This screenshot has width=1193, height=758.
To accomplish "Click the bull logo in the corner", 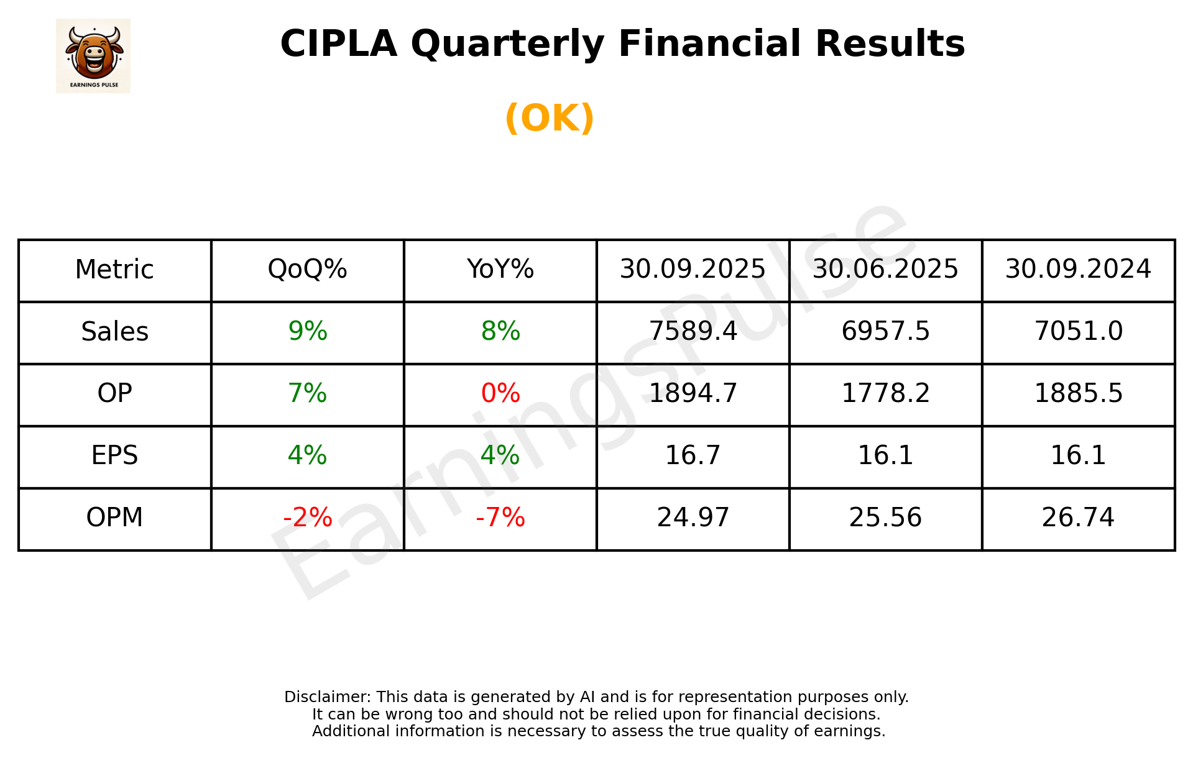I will pos(93,55).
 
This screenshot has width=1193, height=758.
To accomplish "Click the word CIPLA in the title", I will pos(338,44).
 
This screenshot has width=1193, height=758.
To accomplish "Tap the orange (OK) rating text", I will pos(550,118).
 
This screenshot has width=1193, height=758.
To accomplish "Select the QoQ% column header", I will pos(307,270).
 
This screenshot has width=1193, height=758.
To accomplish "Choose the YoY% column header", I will pos(500,270).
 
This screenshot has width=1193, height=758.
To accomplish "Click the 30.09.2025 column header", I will pos(693,270).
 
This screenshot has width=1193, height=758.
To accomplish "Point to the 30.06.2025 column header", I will pos(885,270).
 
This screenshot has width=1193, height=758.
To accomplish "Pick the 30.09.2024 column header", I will pos(1078,270).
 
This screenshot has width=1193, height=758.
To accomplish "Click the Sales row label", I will pos(115,332).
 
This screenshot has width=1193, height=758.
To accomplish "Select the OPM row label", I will pos(115,518).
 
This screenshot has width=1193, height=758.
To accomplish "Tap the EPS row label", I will pos(115,455).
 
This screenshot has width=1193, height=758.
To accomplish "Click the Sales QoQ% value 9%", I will pos(307,331).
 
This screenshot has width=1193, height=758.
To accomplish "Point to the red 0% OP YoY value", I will pos(500,393).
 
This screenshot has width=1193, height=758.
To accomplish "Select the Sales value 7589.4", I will pos(693,331).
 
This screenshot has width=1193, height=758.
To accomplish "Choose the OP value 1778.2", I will pos(885,393).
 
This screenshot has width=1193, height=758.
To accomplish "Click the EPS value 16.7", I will pos(693,455).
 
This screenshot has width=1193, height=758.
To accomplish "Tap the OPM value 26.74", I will pos(1078,518).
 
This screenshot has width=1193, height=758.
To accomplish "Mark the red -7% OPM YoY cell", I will pos(500,518).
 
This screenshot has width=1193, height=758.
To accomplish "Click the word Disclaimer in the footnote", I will pos(327,697).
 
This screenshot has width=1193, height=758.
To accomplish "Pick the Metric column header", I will pos(115,270).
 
